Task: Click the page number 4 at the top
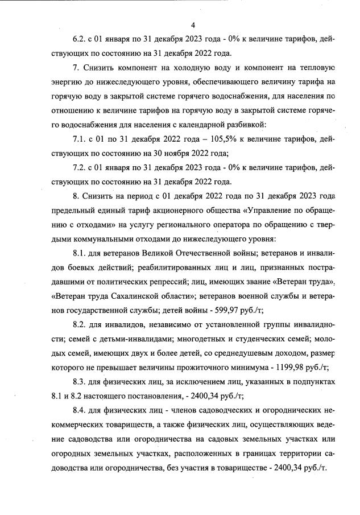point(193,25)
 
